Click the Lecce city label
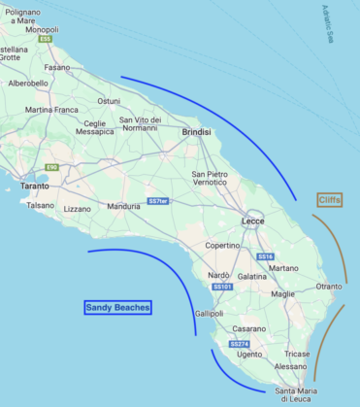tap(253, 194)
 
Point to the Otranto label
tap(329, 286)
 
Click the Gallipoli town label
tap(209, 314)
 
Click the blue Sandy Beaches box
tap(117, 307)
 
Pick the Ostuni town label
tap(108, 101)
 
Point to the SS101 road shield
tap(222, 287)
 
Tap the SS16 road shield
tap(265, 255)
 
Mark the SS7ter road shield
tap(158, 201)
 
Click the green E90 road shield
tap(51, 167)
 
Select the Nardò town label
tap(220, 275)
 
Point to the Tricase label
tap(298, 354)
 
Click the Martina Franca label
tap(51, 110)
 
